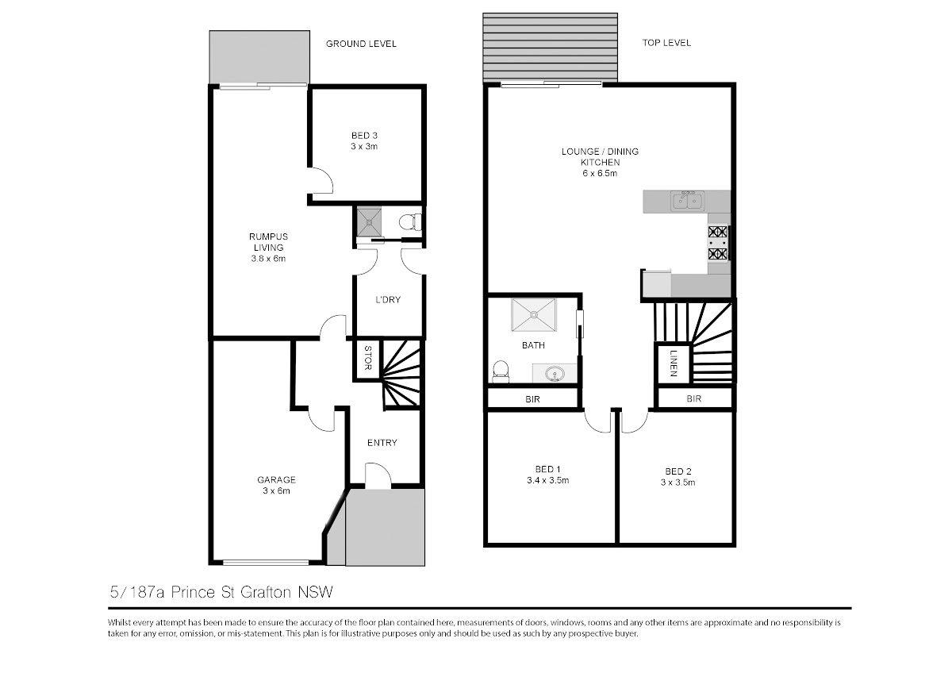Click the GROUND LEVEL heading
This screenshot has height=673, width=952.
[361, 44]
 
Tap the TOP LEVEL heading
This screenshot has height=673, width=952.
[666, 43]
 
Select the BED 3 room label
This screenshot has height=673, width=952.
[364, 136]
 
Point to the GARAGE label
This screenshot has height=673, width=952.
[276, 479]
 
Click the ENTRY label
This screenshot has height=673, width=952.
[382, 443]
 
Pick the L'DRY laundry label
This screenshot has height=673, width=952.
[388, 299]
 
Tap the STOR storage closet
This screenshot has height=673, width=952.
[368, 359]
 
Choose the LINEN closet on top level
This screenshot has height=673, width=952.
[674, 364]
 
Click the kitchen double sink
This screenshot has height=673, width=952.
[688, 201]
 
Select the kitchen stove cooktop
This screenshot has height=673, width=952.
[717, 243]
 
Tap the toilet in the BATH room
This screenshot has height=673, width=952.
[501, 371]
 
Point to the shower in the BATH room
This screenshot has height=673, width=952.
[534, 314]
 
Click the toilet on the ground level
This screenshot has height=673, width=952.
[410, 222]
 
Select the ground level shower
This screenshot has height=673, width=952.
[369, 221]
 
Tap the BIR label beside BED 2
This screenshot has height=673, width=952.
[693, 398]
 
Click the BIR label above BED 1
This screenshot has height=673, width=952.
[532, 398]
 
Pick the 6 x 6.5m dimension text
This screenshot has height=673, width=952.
[600, 173]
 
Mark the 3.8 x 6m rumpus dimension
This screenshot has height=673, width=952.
[268, 258]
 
